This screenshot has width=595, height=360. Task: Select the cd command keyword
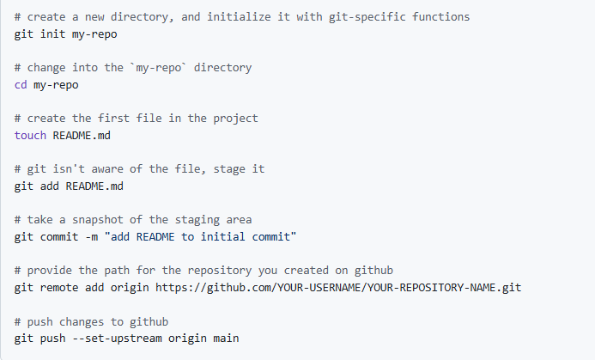21,85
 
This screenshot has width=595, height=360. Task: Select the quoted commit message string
201,237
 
